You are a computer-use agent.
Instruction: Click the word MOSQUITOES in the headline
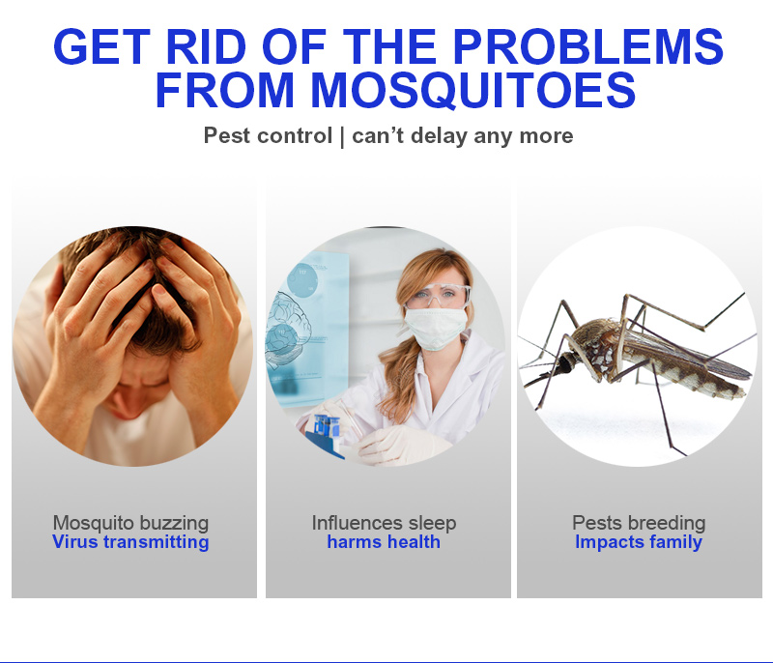point(472,90)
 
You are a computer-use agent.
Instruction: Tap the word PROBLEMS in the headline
point(587,46)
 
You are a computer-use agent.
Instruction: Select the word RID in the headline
point(206,46)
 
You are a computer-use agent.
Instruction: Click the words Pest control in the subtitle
point(268,135)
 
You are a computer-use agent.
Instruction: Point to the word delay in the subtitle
point(439,136)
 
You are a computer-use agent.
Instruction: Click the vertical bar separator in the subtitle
point(342,137)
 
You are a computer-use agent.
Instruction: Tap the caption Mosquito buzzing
point(130,524)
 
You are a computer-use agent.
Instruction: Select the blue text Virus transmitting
point(130,542)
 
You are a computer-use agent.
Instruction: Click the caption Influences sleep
point(384,523)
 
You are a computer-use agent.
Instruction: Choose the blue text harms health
point(384,542)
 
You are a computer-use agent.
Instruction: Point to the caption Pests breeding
point(639,523)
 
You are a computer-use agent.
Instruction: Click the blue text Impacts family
point(639,542)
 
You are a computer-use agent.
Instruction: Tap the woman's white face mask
point(436,328)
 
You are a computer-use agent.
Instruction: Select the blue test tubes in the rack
point(328,426)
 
